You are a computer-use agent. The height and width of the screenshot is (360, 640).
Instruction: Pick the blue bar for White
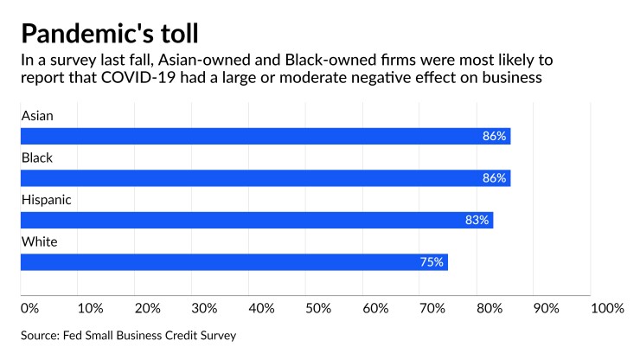(234, 261)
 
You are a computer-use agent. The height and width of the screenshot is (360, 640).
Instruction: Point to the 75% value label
(432, 261)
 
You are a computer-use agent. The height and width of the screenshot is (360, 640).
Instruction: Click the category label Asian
(37, 115)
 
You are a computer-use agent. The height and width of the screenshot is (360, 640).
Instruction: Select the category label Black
(37, 157)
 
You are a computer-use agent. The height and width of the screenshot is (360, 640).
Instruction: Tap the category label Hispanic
(46, 199)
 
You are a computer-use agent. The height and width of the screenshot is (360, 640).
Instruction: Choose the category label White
(39, 241)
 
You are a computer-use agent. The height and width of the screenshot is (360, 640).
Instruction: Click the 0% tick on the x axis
(29, 308)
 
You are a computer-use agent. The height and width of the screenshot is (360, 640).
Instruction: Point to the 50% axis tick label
(318, 308)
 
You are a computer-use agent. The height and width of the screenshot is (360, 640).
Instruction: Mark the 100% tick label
(607, 308)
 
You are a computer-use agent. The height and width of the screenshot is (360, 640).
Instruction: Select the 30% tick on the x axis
(204, 308)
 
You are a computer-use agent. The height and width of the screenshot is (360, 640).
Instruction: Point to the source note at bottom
(128, 334)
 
